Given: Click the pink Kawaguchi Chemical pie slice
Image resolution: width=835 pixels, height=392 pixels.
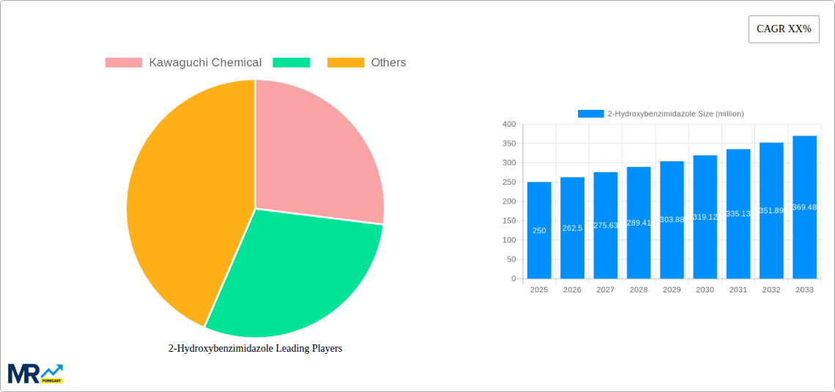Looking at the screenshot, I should pyautogui.click(x=315, y=154).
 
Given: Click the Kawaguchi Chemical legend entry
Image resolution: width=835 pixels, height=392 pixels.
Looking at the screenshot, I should pyautogui.click(x=183, y=63).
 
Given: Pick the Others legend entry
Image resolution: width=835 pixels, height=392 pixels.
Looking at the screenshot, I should pyautogui.click(x=366, y=63).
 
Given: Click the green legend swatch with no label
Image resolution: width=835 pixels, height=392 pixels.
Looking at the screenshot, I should pyautogui.click(x=291, y=63).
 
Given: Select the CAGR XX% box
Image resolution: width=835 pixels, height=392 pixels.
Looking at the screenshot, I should pyautogui.click(x=784, y=29).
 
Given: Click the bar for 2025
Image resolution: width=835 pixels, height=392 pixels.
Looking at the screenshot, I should pyautogui.click(x=539, y=230).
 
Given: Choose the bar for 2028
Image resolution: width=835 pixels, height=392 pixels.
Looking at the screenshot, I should pyautogui.click(x=639, y=223).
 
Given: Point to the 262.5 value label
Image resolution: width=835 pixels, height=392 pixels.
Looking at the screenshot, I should pyautogui.click(x=572, y=228).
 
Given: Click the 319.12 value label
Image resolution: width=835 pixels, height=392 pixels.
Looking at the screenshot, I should pyautogui.click(x=705, y=218).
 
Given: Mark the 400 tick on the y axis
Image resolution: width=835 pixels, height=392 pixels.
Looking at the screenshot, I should pyautogui.click(x=508, y=125).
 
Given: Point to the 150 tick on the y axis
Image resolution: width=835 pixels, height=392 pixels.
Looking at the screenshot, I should pyautogui.click(x=508, y=221).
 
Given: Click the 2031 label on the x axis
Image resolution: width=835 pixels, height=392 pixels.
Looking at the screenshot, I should pyautogui.click(x=738, y=290).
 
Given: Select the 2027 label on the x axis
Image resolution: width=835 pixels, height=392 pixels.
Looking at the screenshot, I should pyautogui.click(x=606, y=290).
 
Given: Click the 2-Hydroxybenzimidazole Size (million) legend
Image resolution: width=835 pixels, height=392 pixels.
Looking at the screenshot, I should pyautogui.click(x=661, y=114).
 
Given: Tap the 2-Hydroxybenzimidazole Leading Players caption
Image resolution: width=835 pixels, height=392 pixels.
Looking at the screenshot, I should pyautogui.click(x=255, y=349).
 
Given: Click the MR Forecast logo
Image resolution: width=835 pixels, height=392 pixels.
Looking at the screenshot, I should pyautogui.click(x=35, y=373).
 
